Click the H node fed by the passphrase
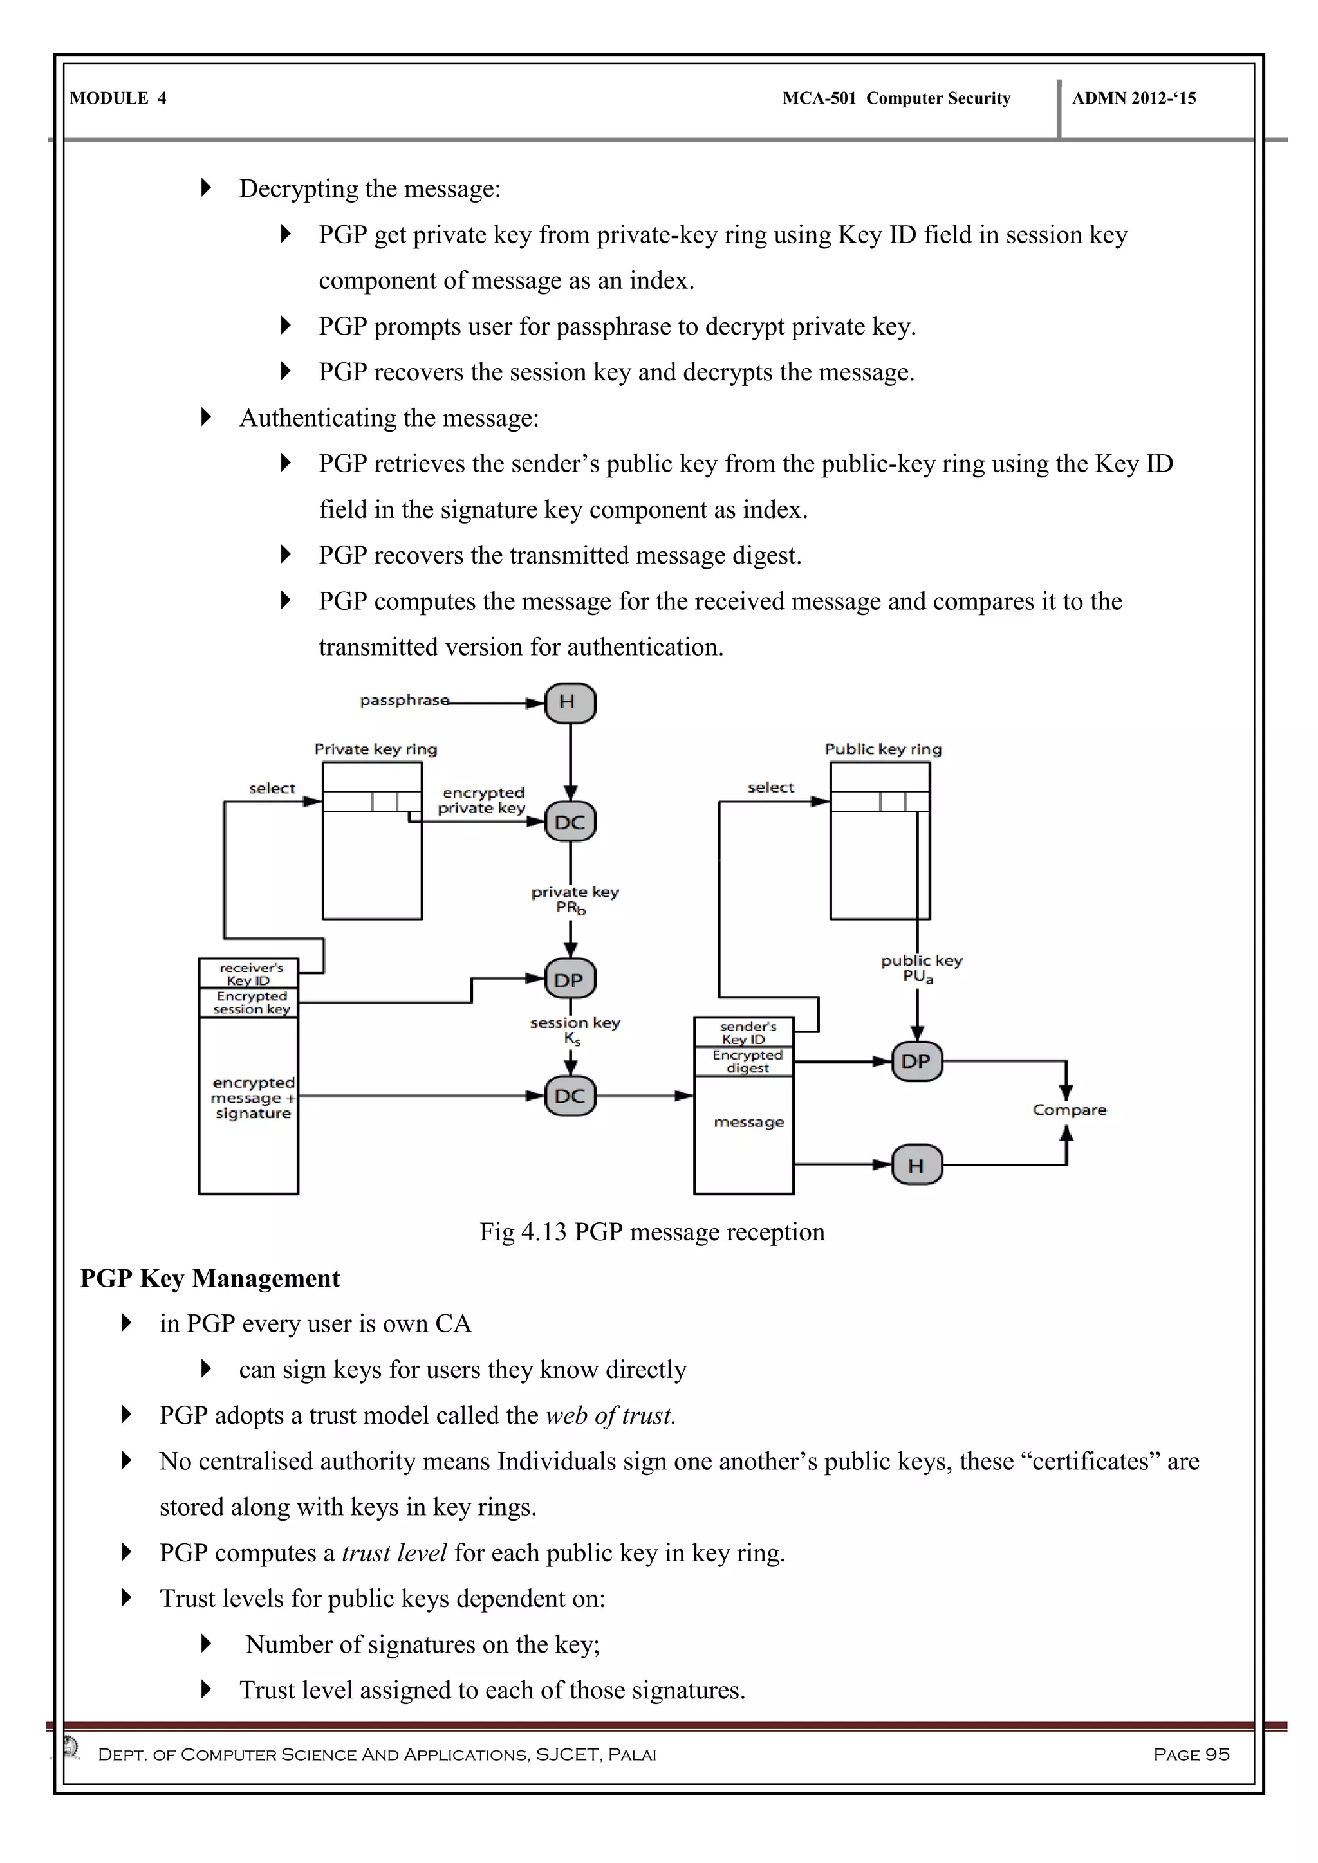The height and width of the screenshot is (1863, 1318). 570,702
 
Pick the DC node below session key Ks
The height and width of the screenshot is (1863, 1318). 570,1096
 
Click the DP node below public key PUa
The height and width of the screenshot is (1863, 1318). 916,1061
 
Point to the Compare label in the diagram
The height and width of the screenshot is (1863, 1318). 1069,1109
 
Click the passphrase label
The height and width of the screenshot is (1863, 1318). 404,699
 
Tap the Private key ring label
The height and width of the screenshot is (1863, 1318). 376,749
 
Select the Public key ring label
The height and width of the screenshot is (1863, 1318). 883,749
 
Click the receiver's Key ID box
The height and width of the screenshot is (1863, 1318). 249,973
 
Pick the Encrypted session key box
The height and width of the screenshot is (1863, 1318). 249,1002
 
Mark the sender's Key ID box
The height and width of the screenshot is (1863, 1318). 743,1032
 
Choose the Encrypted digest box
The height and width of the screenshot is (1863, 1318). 743,1061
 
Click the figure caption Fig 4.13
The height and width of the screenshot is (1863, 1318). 652,1232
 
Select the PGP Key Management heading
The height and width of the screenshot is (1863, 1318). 210,1278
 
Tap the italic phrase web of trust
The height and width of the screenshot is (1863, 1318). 610,1415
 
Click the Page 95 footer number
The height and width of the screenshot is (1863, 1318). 1191,1754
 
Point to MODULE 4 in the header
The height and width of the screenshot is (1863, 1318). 118,98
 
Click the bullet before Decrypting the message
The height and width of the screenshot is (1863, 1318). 206,188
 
